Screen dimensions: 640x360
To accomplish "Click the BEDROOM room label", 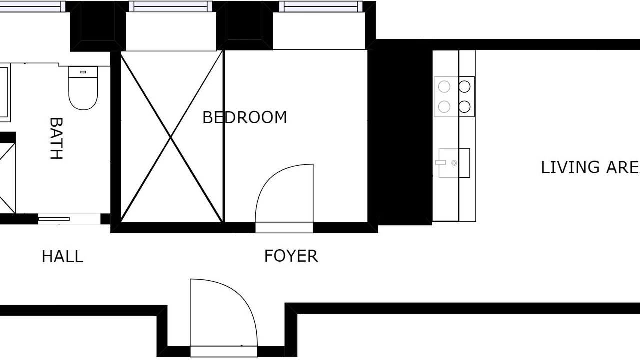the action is click(245, 117).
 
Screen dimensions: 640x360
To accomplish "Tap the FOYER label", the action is click(291, 256).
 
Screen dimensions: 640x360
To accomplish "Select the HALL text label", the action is click(63, 256).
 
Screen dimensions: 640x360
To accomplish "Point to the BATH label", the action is click(56, 138).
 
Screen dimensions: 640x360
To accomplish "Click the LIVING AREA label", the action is click(590, 167).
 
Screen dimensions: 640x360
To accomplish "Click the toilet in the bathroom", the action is click(83, 88).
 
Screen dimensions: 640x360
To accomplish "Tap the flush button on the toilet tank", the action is click(83, 72).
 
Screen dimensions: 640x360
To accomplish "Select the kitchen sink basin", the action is click(454, 163).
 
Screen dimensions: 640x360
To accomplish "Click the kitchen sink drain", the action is click(454, 163).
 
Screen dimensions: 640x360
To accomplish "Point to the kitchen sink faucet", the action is click(440, 163).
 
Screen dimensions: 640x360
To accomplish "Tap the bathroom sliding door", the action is click(54, 219).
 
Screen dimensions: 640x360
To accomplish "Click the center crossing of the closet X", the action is click(171, 137).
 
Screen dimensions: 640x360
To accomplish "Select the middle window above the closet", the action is click(171, 6).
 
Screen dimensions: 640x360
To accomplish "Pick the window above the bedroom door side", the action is click(321, 6).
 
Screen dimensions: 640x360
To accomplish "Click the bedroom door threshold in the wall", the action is click(284, 228).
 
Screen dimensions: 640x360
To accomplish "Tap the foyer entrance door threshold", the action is click(224, 351).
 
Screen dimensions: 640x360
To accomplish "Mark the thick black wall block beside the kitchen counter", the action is click(403, 132).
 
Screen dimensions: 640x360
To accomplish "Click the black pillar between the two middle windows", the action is click(244, 25).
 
